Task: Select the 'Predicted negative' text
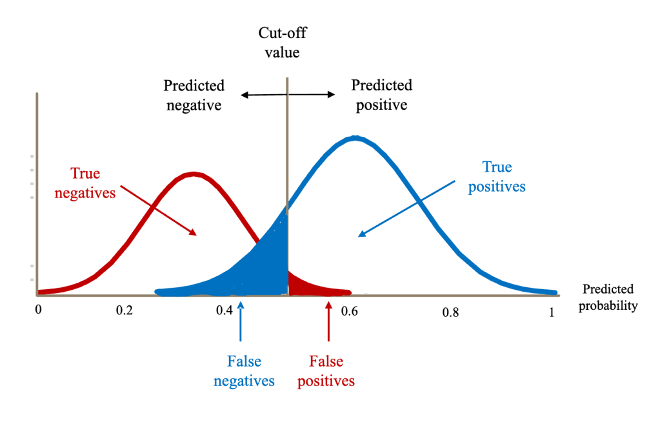[x=194, y=95]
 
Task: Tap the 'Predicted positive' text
[x=381, y=94]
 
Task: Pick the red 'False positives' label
[x=325, y=371]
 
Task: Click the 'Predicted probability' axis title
[x=608, y=297]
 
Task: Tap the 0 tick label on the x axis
[x=38, y=310]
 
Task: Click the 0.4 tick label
[x=224, y=310]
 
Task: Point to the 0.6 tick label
[x=349, y=310]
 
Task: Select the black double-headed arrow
[x=288, y=95]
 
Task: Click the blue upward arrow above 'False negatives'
[x=241, y=323]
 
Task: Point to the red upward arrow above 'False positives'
[x=328, y=323]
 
